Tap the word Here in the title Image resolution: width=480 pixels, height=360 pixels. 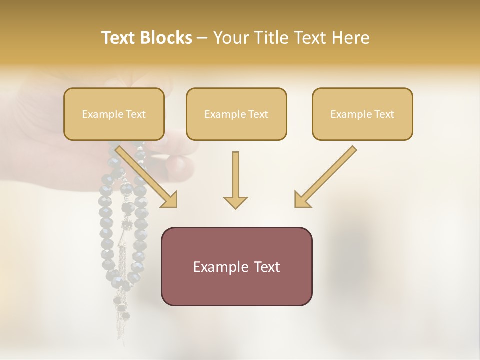[350, 38]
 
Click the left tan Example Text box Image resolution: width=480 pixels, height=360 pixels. [114, 114]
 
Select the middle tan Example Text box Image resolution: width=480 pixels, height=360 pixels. [236, 114]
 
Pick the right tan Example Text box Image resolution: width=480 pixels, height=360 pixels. [362, 114]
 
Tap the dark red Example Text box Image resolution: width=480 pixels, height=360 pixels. [236, 266]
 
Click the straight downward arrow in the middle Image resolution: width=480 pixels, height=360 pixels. [235, 180]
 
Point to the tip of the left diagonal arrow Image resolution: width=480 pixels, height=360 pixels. [175, 205]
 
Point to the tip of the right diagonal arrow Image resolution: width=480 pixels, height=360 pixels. [297, 205]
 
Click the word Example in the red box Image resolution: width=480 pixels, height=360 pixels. [218, 267]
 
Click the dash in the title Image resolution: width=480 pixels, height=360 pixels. [202, 38]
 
